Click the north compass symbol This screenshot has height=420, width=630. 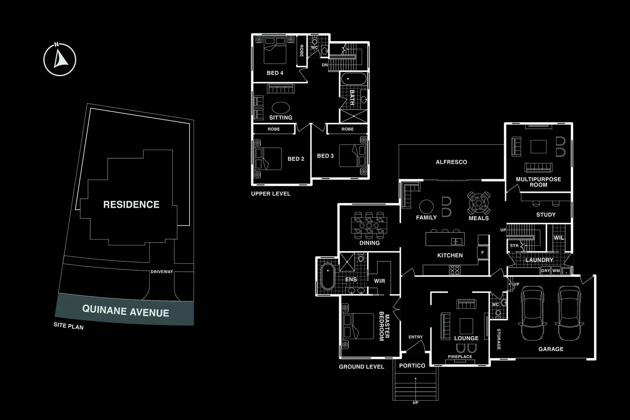[59, 59]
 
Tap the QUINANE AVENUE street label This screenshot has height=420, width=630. [126, 311]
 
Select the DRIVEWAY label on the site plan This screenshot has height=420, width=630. [162, 272]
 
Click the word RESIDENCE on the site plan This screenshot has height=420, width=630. [131, 205]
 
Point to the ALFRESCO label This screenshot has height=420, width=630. [451, 162]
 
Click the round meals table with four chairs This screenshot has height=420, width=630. [479, 203]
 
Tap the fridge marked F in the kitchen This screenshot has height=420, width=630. [483, 252]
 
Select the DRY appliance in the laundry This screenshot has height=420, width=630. [546, 271]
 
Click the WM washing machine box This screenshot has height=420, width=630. [556, 271]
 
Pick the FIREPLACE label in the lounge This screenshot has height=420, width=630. [460, 357]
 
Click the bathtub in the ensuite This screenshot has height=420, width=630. [328, 276]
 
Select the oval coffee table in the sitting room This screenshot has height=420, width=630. [281, 108]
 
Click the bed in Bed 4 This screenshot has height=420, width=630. [275, 51]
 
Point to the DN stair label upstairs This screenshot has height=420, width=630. [325, 65]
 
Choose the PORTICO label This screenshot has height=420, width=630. [412, 366]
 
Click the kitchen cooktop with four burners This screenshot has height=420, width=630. [455, 270]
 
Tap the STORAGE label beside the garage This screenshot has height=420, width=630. [499, 339]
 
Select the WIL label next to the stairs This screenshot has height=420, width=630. [559, 238]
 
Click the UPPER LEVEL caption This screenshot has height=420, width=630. [271, 194]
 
